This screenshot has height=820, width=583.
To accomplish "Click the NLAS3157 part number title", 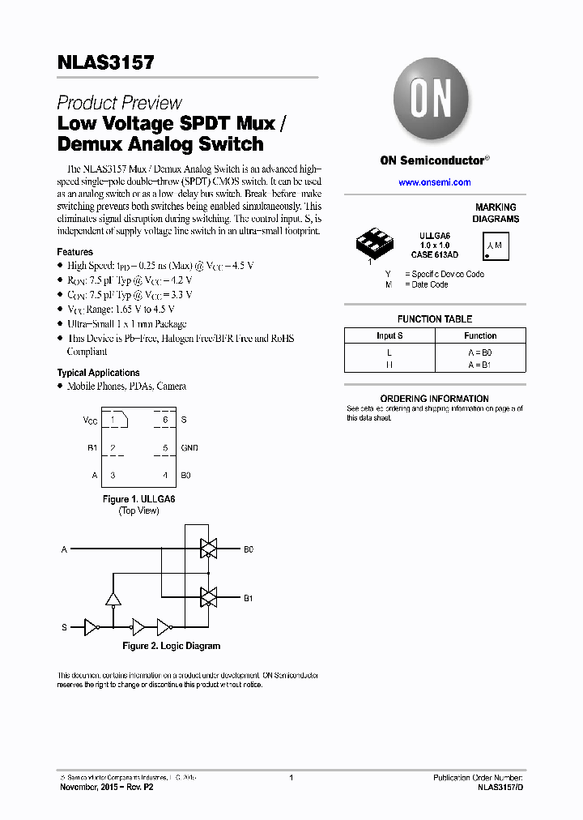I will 106,63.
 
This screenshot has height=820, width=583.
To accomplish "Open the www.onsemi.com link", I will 435,182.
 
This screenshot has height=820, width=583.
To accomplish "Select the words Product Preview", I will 119,103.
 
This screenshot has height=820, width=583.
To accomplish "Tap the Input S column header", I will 389,335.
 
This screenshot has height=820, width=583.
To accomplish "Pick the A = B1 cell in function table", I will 480,365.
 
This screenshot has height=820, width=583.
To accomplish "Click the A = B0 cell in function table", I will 480,352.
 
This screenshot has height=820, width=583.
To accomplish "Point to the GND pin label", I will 189,447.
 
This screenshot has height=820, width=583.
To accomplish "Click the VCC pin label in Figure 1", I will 90,420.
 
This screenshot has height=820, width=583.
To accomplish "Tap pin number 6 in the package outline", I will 165,420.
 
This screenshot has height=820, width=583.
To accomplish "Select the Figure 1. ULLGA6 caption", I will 138,499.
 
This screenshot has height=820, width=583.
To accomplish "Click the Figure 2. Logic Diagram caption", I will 171,646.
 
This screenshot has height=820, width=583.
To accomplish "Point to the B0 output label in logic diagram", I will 249,549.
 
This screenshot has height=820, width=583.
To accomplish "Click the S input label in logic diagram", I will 65,627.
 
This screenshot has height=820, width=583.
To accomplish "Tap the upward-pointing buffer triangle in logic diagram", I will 113,600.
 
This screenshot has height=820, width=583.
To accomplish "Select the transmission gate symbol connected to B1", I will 209,598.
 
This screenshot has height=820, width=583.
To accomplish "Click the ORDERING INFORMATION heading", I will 434,399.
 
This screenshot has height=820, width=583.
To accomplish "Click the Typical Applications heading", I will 98,373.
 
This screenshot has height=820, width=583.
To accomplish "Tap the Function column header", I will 480,335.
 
